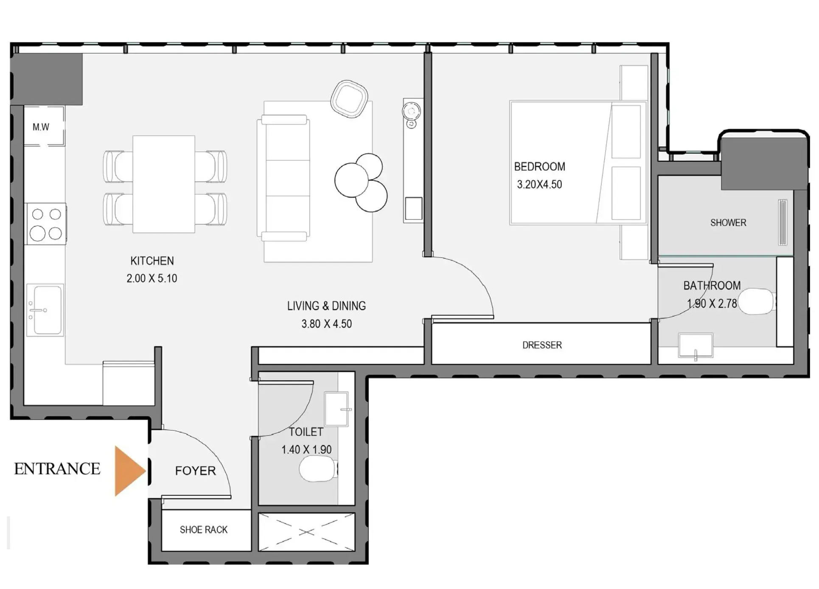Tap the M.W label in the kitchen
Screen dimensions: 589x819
tap(41, 127)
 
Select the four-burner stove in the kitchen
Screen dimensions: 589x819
tap(46, 224)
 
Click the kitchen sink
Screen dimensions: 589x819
tap(45, 310)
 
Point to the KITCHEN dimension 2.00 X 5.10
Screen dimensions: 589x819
tap(151, 278)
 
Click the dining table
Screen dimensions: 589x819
tap(164, 184)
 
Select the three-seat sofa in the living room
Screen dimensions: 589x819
tap(283, 178)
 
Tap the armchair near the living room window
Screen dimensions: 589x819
tap(349, 98)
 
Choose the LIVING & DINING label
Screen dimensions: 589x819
tap(326, 306)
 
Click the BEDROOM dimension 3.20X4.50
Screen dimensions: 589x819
tap(539, 185)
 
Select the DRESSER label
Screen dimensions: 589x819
tap(542, 345)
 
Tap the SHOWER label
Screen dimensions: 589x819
tap(728, 223)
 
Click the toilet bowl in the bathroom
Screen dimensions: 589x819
tap(756, 301)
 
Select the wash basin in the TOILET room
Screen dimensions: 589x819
tap(337, 409)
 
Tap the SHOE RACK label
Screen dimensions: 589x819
tap(204, 530)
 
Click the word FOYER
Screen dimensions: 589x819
tap(195, 471)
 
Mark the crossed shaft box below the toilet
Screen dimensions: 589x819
tap(306, 532)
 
